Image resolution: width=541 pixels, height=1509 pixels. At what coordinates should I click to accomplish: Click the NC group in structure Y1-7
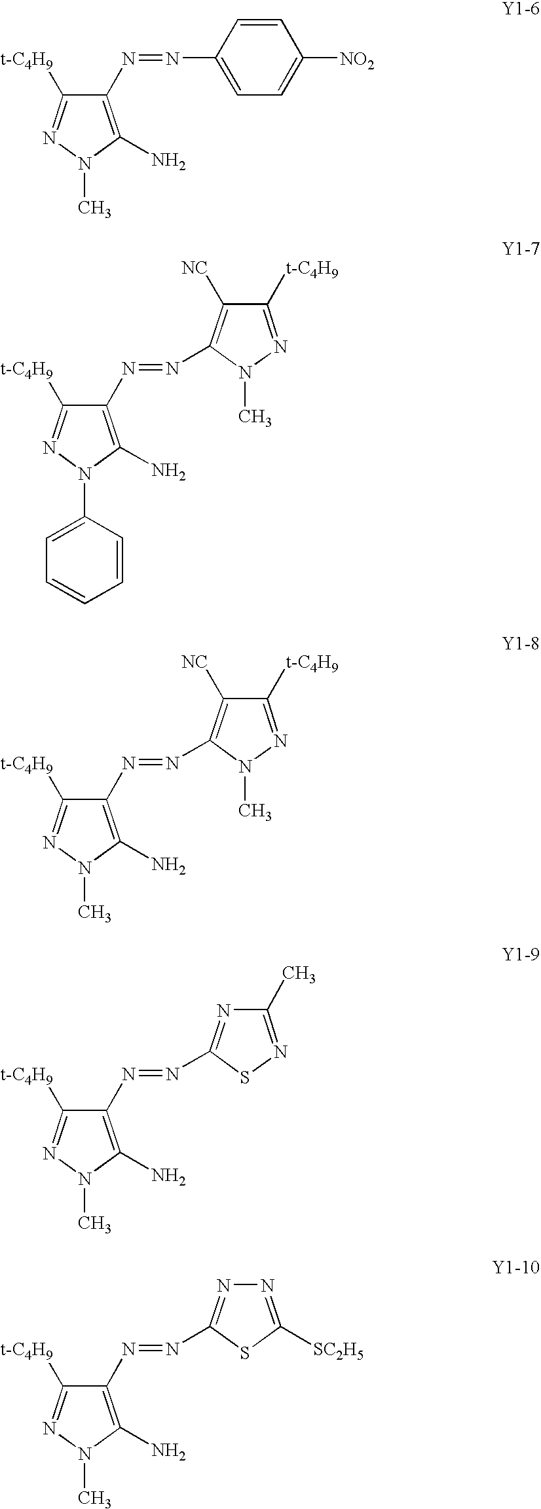click(x=195, y=268)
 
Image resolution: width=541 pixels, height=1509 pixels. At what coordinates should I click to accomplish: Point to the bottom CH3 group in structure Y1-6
click(x=94, y=209)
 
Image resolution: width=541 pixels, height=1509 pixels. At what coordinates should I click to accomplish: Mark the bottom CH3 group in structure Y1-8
click(x=94, y=914)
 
